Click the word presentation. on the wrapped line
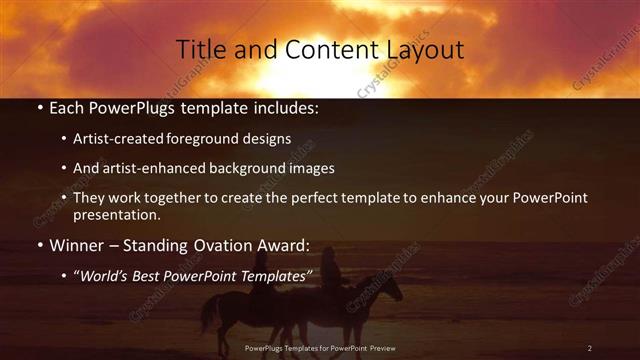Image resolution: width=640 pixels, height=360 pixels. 117,214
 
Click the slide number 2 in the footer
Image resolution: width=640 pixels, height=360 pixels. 590,348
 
